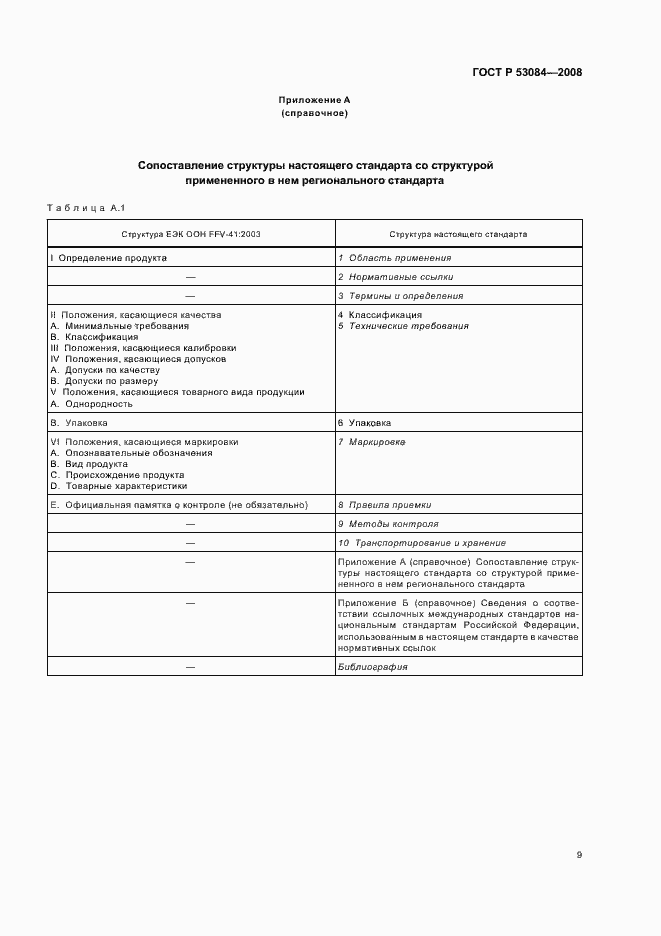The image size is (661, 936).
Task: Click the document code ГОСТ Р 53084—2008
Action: (x=526, y=72)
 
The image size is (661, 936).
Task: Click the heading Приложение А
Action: (x=314, y=100)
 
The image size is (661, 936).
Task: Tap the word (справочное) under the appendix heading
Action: (x=314, y=113)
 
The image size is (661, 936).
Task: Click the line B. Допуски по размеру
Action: (x=110, y=381)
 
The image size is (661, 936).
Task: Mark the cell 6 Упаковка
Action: (x=364, y=423)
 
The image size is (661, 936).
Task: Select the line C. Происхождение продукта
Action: (x=117, y=475)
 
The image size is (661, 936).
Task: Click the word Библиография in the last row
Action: (x=372, y=694)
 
